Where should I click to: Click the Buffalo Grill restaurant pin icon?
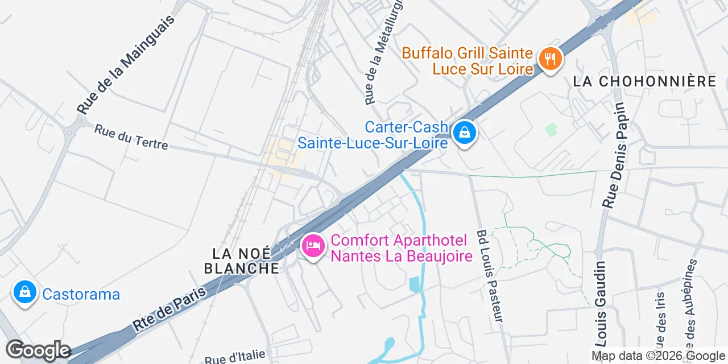(x=549, y=59)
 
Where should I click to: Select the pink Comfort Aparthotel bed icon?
(x=313, y=246)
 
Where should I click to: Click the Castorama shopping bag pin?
(x=24, y=293)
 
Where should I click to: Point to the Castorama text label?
(x=81, y=294)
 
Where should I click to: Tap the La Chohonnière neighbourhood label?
(x=644, y=81)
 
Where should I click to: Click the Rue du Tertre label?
(x=131, y=137)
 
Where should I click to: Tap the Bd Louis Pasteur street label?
(x=490, y=276)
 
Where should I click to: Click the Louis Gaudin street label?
(x=601, y=304)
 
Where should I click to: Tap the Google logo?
(x=38, y=351)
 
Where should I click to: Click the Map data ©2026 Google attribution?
(x=658, y=356)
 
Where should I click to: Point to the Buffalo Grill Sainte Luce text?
(x=468, y=61)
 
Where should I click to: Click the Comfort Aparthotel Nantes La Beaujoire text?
(x=402, y=249)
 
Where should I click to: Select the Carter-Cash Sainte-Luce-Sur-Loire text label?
(x=373, y=135)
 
